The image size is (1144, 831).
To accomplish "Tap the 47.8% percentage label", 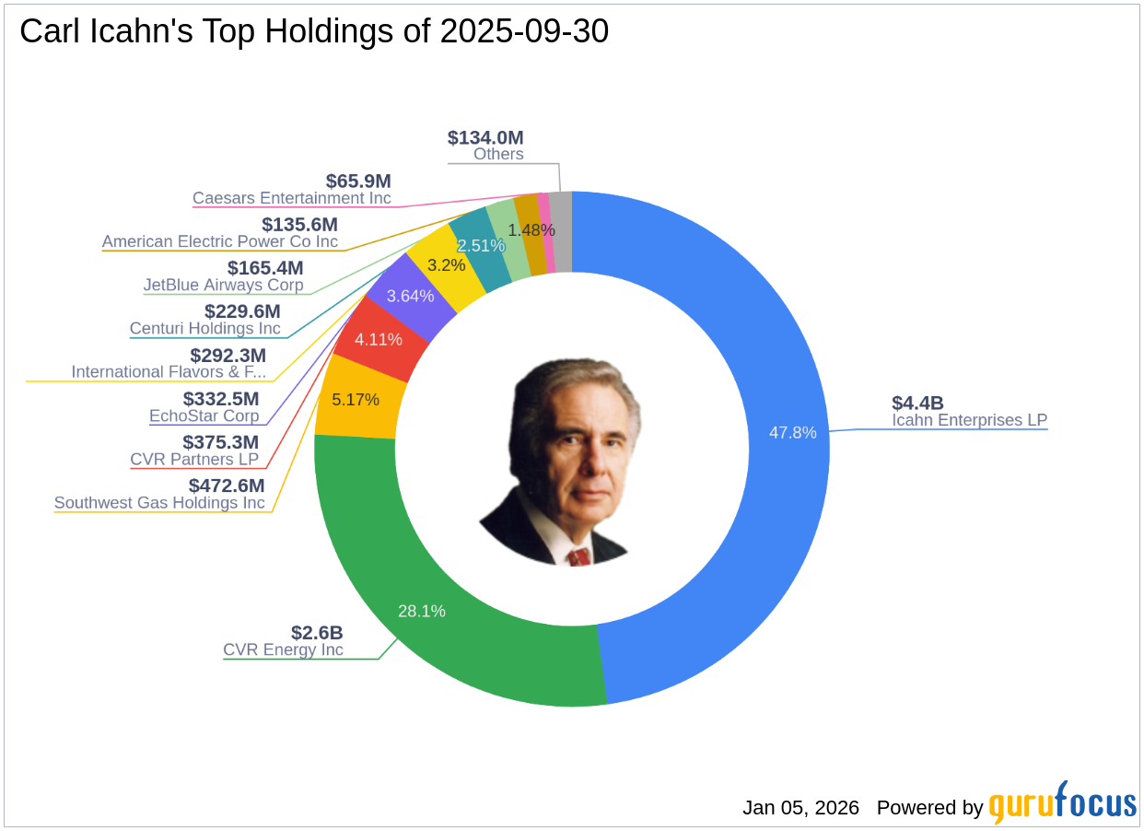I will [792, 432].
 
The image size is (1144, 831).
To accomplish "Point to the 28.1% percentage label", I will [421, 611].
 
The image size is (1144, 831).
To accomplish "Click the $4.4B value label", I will [917, 403].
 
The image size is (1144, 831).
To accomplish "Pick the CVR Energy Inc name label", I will [283, 650].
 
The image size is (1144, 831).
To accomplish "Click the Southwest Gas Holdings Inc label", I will [159, 503].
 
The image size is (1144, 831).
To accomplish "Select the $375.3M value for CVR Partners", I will [220, 442].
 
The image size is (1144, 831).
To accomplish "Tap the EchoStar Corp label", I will [204, 415].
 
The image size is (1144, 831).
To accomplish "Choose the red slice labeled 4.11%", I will [379, 339].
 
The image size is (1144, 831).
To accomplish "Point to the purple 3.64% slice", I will [410, 296].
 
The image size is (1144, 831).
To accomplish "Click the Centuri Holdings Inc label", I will [204, 329].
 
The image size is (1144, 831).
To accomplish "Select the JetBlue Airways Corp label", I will [223, 286].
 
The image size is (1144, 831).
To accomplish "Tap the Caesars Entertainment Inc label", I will [291, 198].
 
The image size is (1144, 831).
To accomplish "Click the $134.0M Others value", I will [485, 137].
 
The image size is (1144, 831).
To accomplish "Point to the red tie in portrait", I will [578, 556].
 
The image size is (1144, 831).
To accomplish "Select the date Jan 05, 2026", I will [800, 808].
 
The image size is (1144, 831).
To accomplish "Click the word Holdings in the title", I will [370, 31].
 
